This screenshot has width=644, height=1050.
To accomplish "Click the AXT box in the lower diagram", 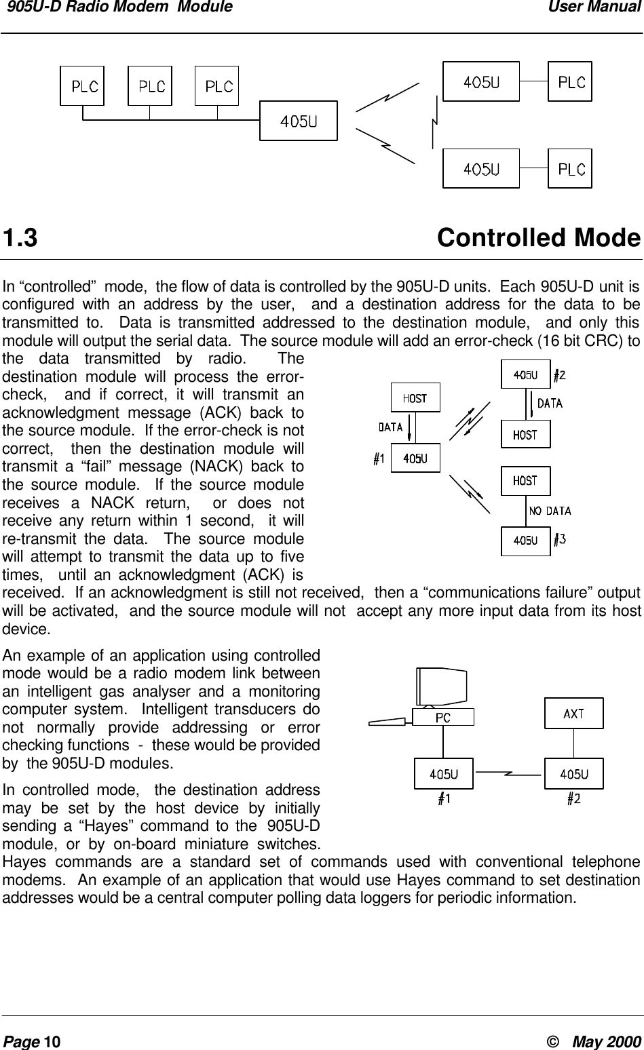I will click(x=573, y=714).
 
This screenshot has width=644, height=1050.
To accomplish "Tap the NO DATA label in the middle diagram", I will click(x=550, y=511).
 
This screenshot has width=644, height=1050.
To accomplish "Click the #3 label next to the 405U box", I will click(x=559, y=540).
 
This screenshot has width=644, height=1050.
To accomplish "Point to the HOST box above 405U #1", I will click(x=415, y=398).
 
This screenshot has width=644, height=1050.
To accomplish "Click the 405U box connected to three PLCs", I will click(x=299, y=121).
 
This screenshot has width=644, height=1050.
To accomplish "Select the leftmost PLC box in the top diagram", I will click(x=82, y=85).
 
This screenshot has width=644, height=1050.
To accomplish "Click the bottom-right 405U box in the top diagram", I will click(x=481, y=169).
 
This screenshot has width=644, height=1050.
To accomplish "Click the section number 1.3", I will click(x=20, y=239).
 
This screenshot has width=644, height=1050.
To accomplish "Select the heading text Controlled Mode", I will click(x=538, y=239).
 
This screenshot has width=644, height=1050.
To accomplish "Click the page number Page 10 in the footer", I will click(x=32, y=1041).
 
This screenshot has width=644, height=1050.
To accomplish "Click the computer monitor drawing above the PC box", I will click(x=442, y=685).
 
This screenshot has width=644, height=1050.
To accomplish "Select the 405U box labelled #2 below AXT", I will click(x=573, y=773).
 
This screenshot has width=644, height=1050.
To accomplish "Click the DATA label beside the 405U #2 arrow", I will click(x=550, y=404).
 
